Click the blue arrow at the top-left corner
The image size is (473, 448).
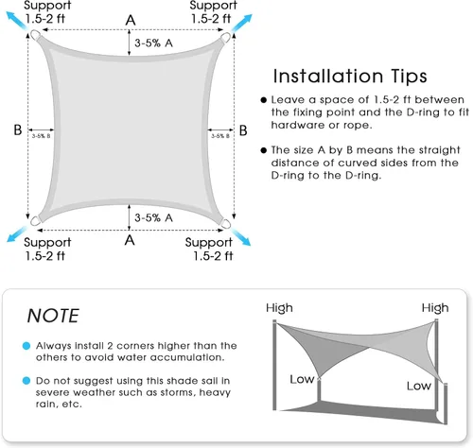click(17, 21)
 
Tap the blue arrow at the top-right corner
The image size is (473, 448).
click(242, 23)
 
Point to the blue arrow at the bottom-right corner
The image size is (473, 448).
click(241, 237)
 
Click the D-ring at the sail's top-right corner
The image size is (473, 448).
click(225, 37)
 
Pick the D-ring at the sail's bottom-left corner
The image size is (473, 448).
click(35, 220)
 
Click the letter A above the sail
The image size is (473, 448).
click(131, 21)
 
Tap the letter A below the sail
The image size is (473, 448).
click(130, 240)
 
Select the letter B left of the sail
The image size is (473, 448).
click(18, 129)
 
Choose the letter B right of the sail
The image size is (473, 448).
click(243, 130)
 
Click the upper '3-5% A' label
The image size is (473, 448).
click(153, 43)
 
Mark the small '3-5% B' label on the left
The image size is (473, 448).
click(41, 136)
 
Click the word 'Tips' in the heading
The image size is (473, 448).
click(409, 77)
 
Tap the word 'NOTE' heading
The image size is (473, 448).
click(53, 316)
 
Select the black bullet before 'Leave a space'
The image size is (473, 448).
click(264, 100)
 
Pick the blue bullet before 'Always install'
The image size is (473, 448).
click(26, 346)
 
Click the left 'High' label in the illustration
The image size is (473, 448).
click(279, 307)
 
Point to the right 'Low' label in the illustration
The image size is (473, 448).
click(419, 386)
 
